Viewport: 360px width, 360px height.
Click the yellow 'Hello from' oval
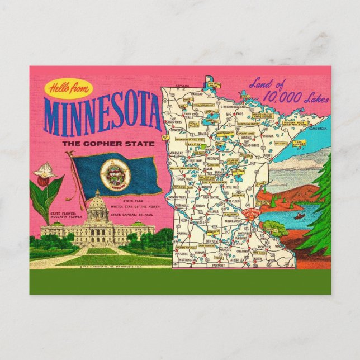(x=68, y=88)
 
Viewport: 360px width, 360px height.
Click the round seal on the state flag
(x=115, y=174)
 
